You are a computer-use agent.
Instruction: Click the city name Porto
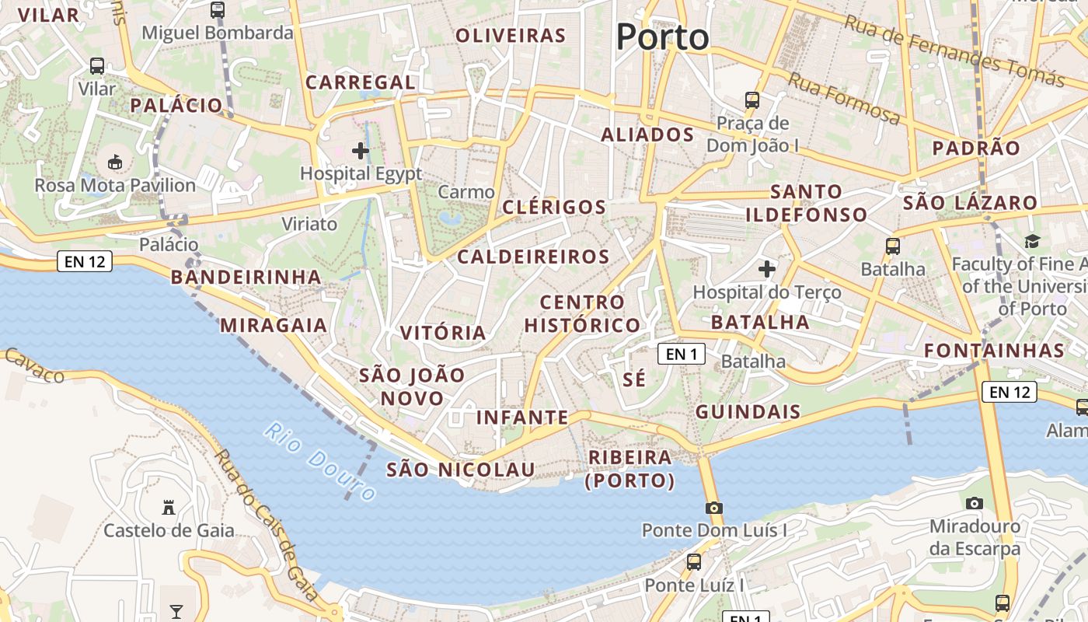tap(662, 37)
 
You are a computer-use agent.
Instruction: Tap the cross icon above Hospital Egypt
tap(361, 150)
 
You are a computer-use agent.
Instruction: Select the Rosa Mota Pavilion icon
tap(115, 162)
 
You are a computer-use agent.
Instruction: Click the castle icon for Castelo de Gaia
tap(168, 508)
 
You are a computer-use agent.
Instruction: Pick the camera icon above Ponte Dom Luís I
tap(713, 508)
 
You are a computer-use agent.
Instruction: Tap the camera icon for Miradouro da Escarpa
tap(974, 504)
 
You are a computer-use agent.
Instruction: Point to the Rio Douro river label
tap(320, 460)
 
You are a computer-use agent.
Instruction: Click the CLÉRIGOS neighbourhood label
tap(554, 207)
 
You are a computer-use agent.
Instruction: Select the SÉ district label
tap(635, 379)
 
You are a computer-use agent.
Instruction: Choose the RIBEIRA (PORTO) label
tap(630, 469)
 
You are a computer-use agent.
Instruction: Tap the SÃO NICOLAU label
tap(461, 470)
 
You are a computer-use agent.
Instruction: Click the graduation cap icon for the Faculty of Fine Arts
tap(1032, 242)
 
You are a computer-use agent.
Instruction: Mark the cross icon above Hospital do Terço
tap(767, 269)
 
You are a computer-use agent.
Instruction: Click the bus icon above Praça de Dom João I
tap(751, 100)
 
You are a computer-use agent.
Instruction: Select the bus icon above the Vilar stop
tap(97, 66)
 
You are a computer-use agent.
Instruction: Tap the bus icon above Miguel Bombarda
tap(218, 10)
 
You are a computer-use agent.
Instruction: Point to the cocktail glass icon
tap(176, 611)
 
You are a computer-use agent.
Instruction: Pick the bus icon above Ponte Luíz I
tap(694, 561)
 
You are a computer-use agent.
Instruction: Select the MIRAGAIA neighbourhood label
tap(274, 325)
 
